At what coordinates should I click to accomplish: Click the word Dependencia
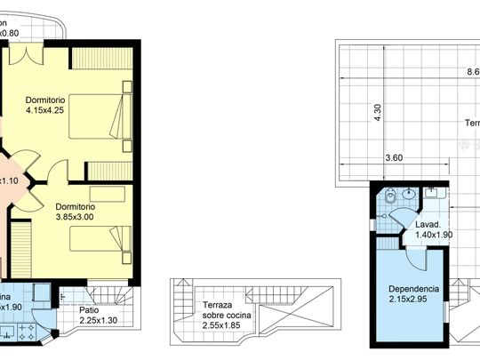point(413,289)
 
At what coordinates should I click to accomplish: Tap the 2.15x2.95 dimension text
point(412,300)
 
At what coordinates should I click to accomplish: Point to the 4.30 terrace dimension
point(377,113)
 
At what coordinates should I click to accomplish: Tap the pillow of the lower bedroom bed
point(119,238)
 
